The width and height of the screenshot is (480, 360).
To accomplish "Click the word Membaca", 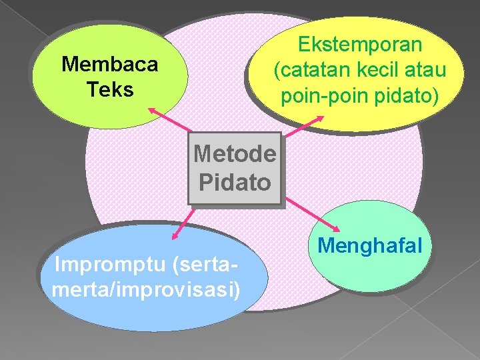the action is pyautogui.click(x=109, y=65).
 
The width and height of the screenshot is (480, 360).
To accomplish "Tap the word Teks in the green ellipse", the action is pyautogui.click(x=110, y=89).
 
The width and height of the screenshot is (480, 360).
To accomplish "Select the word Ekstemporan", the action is pyautogui.click(x=360, y=45).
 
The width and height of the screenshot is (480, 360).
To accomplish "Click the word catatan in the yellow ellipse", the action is pyautogui.click(x=311, y=70).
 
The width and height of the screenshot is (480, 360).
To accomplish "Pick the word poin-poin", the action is pyautogui.click(x=321, y=96).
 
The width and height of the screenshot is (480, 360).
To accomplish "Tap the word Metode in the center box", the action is pyautogui.click(x=235, y=154).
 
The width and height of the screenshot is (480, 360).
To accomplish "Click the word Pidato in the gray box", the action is pyautogui.click(x=235, y=182).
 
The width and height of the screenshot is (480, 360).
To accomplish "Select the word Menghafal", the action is pyautogui.click(x=370, y=245).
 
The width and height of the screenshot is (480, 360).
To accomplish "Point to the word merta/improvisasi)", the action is pyautogui.click(x=145, y=291).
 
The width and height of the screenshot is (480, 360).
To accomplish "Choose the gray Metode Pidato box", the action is pyautogui.click(x=235, y=168).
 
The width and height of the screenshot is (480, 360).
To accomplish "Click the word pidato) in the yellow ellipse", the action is pyautogui.click(x=408, y=96).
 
